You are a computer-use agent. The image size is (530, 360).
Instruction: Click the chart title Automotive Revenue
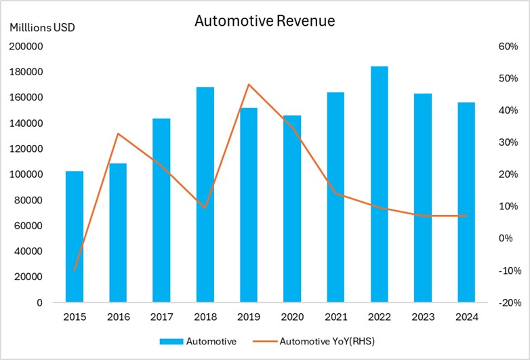(264, 21)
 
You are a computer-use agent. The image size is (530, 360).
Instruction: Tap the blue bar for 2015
(75, 237)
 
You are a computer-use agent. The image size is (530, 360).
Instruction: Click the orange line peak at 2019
(249, 85)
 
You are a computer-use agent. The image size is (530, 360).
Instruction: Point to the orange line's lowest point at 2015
(75, 270)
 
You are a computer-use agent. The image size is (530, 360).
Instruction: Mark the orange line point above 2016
(118, 134)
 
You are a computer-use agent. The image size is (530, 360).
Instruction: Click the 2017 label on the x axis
(161, 317)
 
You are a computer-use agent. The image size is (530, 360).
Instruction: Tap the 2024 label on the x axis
(466, 317)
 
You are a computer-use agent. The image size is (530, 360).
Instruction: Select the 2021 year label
(335, 317)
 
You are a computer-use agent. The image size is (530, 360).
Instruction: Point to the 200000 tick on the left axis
(26, 47)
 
